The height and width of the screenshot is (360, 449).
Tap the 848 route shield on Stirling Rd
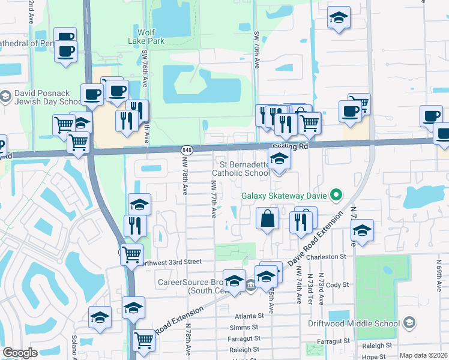[x=186, y=149]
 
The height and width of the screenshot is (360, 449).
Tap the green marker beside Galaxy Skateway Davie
[x=336, y=194]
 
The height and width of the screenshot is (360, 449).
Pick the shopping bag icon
[x=267, y=219]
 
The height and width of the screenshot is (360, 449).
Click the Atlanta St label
[x=246, y=316]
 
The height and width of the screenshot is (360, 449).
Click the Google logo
[x=20, y=353]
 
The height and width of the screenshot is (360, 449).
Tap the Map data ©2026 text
[x=423, y=355]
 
